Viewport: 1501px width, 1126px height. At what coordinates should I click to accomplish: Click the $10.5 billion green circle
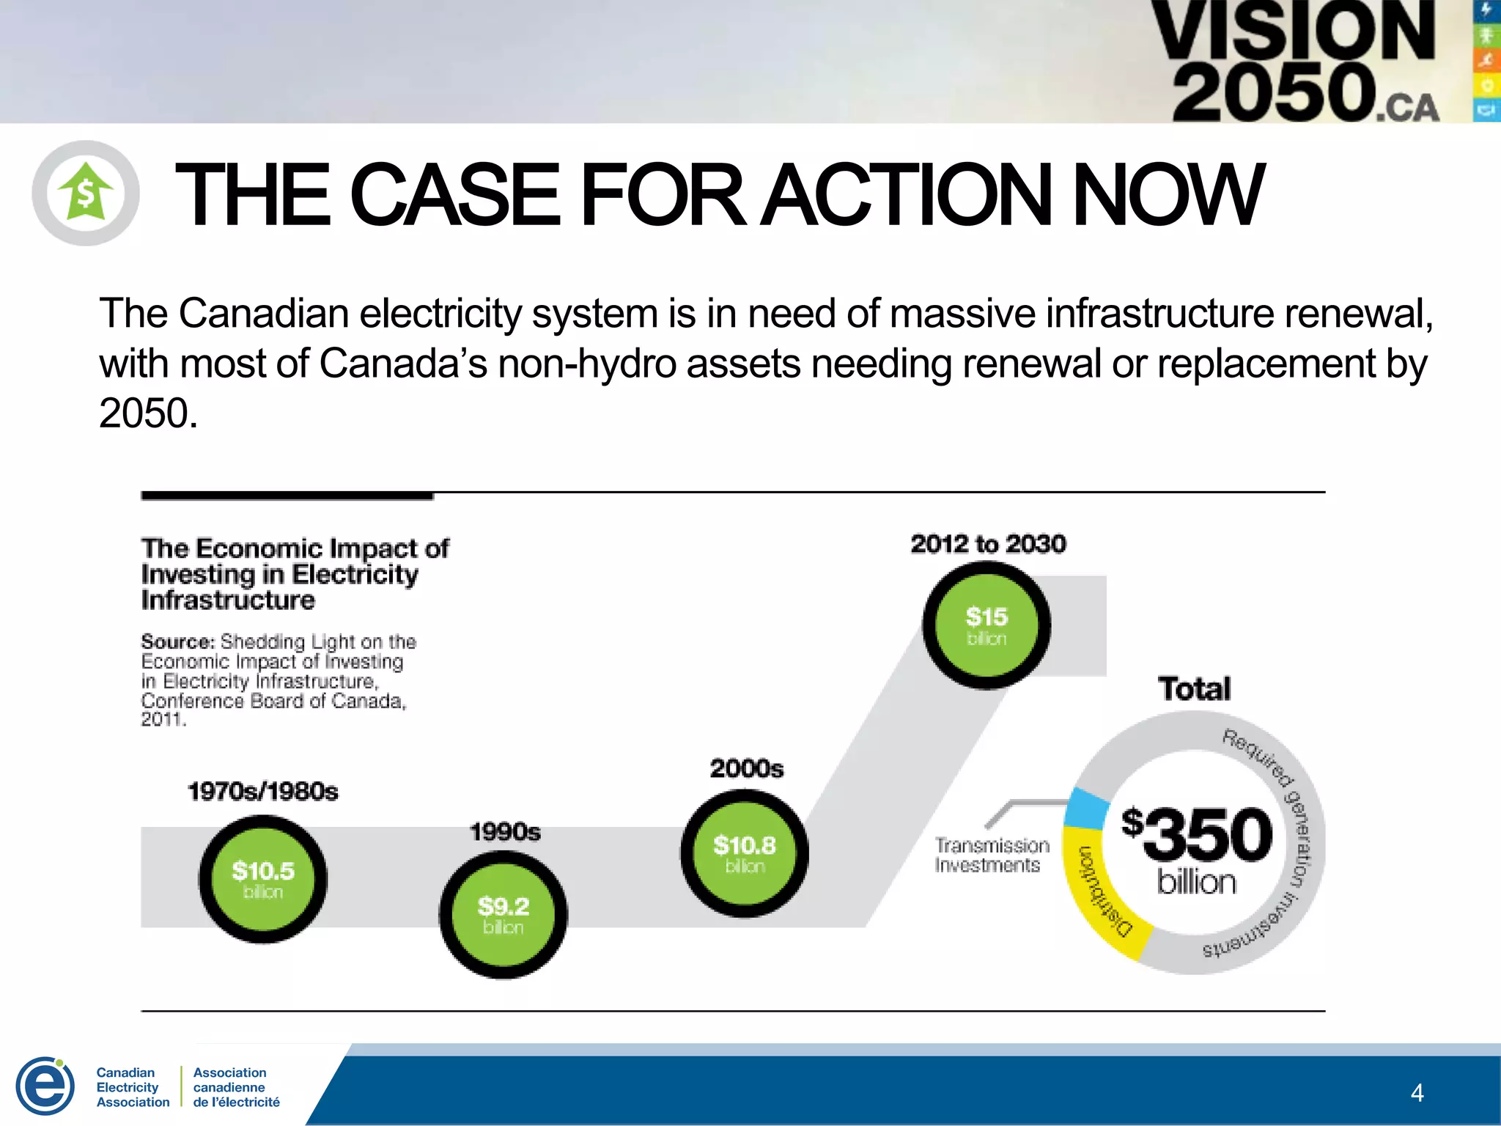(262, 879)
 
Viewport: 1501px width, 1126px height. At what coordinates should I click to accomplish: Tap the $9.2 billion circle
(503, 914)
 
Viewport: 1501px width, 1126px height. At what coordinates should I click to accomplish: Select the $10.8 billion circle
(744, 853)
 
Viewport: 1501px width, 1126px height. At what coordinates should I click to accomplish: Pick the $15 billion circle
(986, 625)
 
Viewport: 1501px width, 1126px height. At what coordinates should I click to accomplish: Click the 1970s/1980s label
(262, 792)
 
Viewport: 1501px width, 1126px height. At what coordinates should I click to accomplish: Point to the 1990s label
(505, 832)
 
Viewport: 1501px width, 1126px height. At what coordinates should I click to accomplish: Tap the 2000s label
(746, 768)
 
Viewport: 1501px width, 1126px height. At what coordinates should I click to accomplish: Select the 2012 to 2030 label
(988, 544)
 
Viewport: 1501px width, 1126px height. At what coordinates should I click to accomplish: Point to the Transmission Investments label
(992, 855)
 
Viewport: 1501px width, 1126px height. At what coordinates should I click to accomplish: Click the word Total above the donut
(1194, 689)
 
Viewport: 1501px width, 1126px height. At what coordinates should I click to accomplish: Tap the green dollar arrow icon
(86, 193)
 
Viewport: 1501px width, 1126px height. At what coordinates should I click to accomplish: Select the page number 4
(1417, 1093)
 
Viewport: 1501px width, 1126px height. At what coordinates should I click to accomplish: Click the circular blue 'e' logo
(45, 1086)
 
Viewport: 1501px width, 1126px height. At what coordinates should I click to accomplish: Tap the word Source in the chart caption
(177, 642)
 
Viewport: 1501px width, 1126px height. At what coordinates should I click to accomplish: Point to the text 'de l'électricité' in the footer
(236, 1102)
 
